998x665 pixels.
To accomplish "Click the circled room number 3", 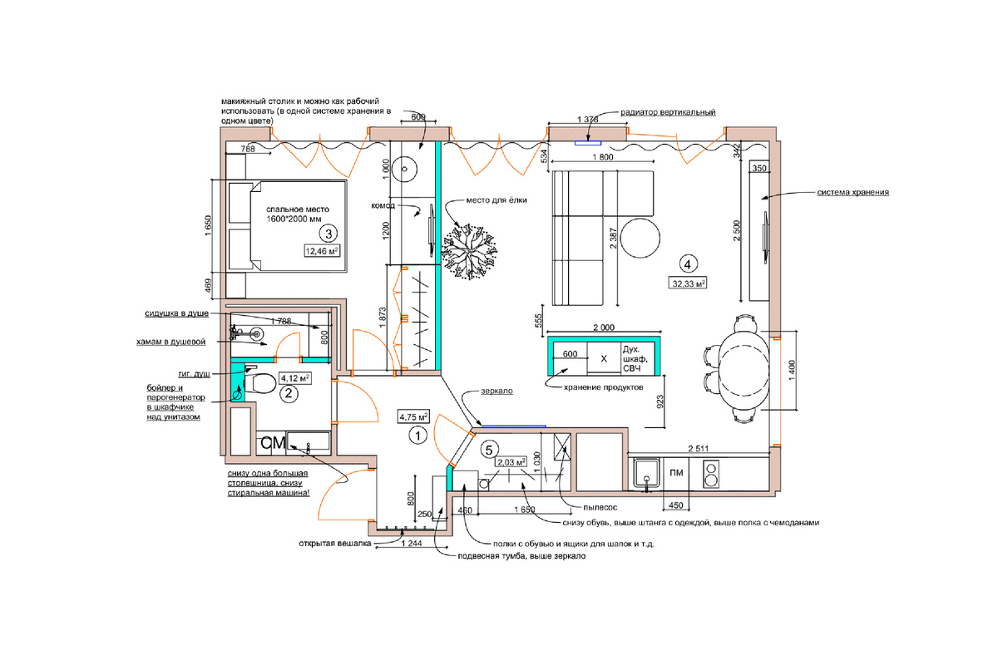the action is coord(329,234).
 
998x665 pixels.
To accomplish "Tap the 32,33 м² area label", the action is coord(688,283).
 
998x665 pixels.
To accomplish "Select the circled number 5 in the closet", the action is coord(489,450).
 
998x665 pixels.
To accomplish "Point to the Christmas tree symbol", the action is coord(469,251).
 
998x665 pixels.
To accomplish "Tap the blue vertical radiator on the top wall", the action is coord(588,143).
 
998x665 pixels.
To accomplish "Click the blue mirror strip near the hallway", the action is coord(514,426).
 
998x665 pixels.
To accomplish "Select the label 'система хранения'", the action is coord(852,192).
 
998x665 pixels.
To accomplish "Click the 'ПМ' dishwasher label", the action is coord(676,473).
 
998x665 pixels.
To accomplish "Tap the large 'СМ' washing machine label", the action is coord(273,443).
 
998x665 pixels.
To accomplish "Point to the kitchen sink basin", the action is coord(646,475).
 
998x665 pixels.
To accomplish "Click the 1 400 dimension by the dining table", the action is coord(792,370).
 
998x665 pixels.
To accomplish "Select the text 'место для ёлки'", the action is coord(497,200).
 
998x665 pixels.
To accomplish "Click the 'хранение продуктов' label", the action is coord(603,387).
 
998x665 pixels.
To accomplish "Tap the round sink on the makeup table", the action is coord(404,170).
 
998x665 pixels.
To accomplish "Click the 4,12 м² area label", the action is coord(294,378).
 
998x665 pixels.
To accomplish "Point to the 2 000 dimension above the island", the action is coord(604,328).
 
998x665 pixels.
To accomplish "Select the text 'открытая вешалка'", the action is coord(334,544).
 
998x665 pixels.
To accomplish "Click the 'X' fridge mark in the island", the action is coord(604,358).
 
